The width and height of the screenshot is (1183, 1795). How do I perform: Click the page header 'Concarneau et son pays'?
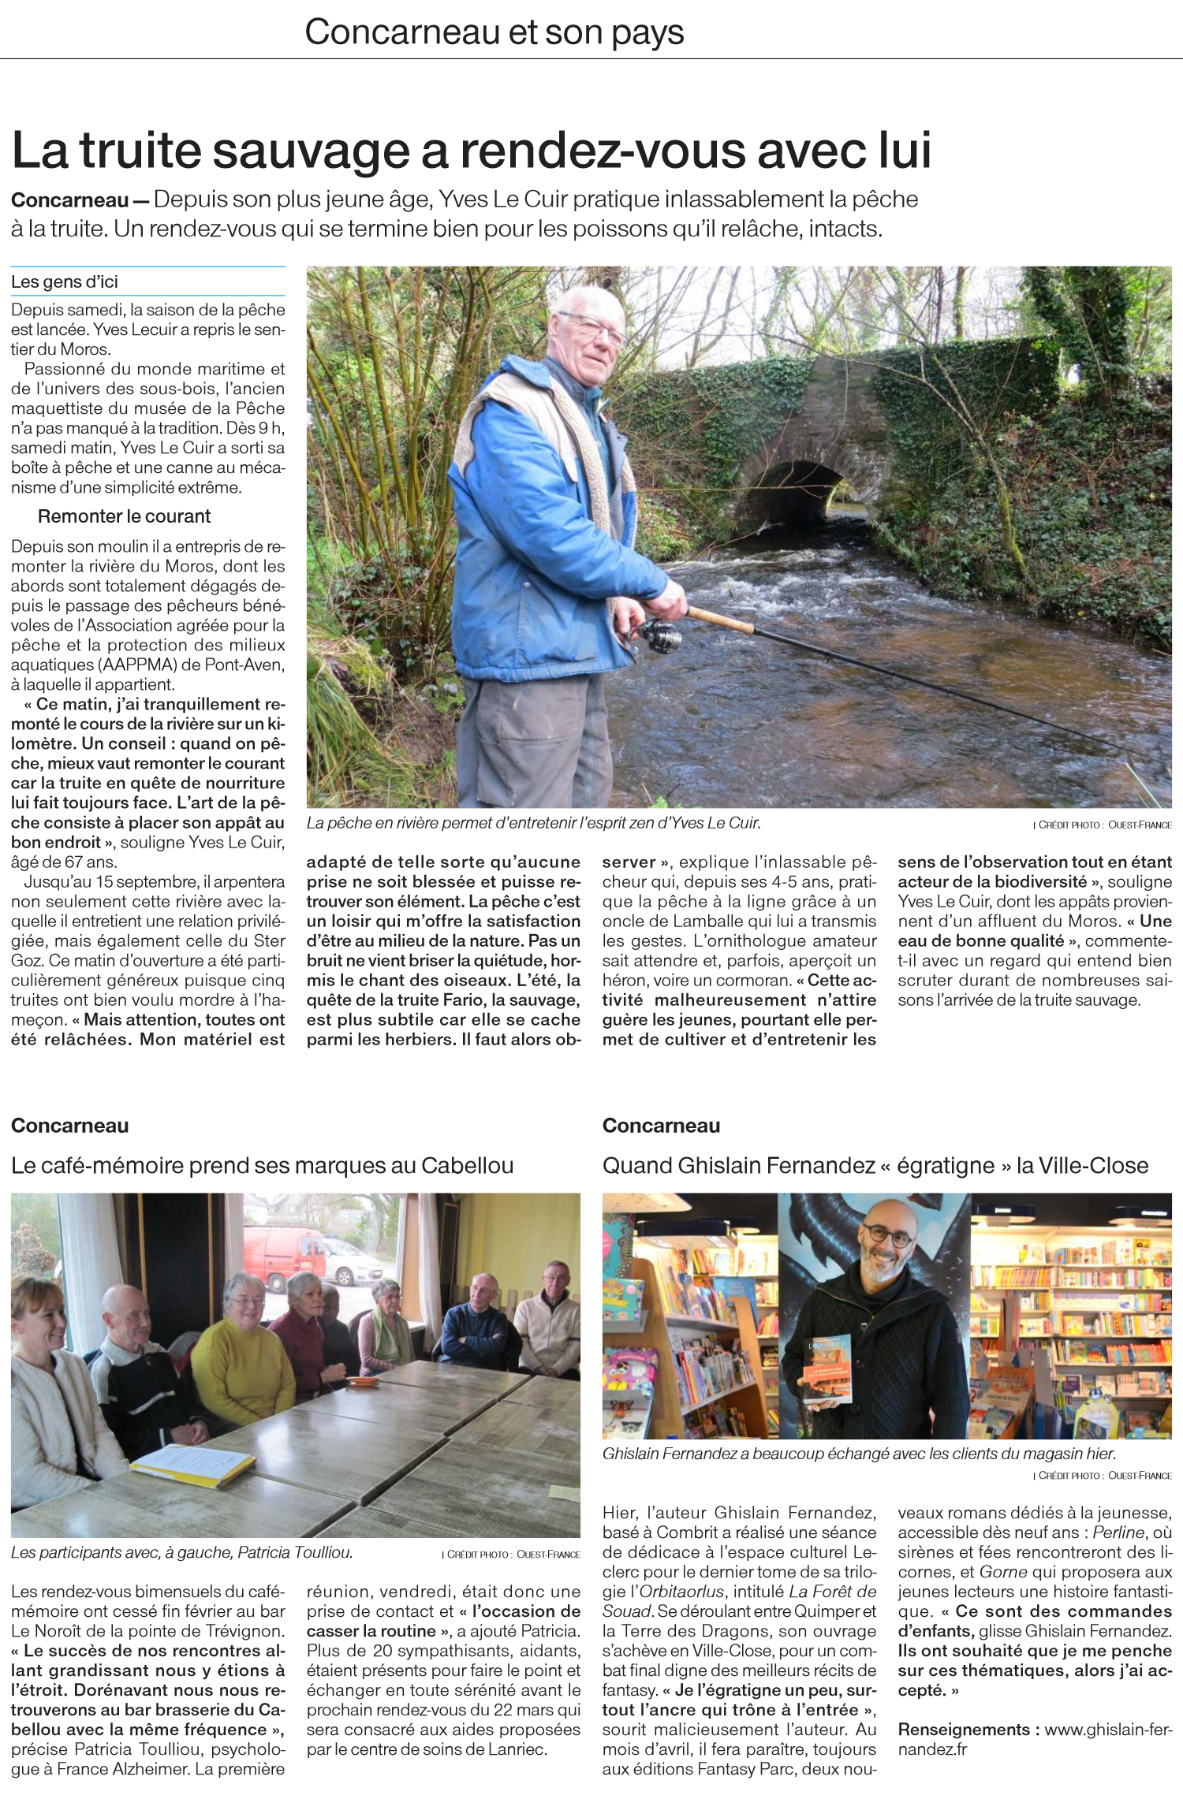point(494,32)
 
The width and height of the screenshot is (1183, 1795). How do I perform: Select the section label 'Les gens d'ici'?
point(65,281)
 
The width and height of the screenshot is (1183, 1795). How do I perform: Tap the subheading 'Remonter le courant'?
point(124,516)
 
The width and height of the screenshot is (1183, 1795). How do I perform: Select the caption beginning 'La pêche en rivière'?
point(533,823)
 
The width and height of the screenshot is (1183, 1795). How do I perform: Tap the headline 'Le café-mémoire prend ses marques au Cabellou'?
point(262,1165)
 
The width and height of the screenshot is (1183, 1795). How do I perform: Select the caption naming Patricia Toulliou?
point(181,1553)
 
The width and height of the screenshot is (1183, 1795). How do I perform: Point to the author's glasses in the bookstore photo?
point(890,1235)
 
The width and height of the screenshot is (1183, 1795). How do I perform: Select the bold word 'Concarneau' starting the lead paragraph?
point(69,200)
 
